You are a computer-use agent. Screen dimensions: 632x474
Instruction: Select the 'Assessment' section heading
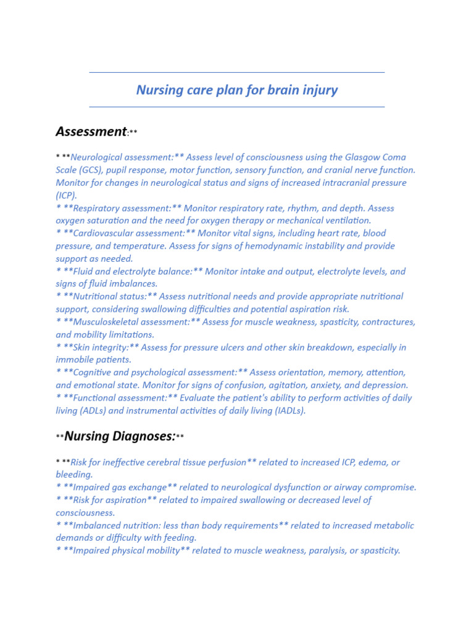91,131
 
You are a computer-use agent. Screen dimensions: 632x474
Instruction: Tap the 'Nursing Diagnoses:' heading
120,436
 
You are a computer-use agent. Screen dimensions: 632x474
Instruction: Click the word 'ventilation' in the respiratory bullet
348,220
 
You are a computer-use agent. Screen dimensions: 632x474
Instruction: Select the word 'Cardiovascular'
102,233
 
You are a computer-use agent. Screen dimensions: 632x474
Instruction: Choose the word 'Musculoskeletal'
106,322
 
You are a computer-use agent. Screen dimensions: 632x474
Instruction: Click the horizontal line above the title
237,73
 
